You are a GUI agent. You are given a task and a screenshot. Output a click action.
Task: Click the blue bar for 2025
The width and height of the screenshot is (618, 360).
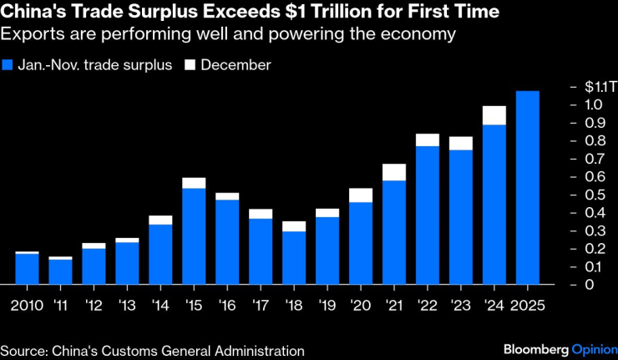coord(528,187)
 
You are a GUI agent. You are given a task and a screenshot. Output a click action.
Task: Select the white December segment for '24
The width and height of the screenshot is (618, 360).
coord(494,115)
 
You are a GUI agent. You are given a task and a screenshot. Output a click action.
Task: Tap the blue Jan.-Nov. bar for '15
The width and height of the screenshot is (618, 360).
coord(194,236)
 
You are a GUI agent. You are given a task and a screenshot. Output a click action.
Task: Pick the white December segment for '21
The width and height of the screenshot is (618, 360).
coord(393,172)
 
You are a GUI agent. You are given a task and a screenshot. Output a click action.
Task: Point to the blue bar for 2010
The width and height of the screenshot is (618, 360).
coord(28,269)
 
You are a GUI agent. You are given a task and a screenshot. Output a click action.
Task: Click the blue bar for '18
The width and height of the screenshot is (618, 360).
coord(294,258)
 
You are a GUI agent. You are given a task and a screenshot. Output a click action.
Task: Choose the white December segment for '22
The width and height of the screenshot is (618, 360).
coord(428,139)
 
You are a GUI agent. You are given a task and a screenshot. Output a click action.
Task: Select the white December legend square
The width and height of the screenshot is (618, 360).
coord(190,65)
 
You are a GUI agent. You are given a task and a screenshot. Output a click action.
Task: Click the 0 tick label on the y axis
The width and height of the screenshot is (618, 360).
coord(590,285)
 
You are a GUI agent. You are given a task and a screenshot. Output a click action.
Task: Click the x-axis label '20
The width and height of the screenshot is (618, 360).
coord(362,306)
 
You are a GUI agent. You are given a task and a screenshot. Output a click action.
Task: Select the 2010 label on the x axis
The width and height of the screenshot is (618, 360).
coord(28,306)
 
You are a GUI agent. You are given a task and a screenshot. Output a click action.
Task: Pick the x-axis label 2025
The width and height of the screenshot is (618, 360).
coord(528,306)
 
